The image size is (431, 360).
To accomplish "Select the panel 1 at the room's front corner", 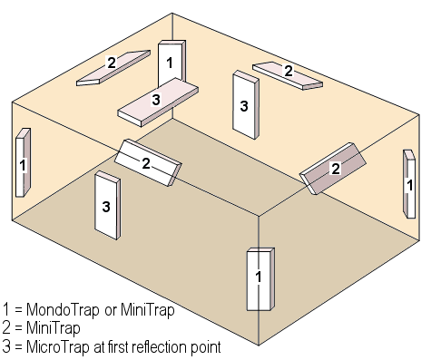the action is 260,279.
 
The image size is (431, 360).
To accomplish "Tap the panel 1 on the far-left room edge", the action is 23,162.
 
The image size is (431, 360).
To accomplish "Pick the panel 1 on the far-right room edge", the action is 409,184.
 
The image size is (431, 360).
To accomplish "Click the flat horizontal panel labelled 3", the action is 158,102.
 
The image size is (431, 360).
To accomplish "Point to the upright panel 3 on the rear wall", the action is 245,105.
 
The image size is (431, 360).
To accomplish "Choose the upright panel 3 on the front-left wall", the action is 107,206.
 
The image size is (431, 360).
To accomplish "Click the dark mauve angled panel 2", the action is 333,169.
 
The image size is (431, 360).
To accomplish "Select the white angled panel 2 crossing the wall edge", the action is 148,162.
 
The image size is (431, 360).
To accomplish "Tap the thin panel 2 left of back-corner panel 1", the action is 113,68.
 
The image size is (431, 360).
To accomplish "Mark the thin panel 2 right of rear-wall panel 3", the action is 288,75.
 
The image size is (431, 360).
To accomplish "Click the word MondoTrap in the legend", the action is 63,310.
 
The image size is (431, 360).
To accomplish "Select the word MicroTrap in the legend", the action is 58,346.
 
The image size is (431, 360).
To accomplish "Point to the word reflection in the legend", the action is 157,346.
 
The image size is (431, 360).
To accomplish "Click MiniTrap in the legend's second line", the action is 54,328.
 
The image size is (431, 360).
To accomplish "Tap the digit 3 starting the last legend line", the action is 6,346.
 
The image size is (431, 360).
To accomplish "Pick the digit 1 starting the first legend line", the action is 6,310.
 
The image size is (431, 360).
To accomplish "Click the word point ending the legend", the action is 206,347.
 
